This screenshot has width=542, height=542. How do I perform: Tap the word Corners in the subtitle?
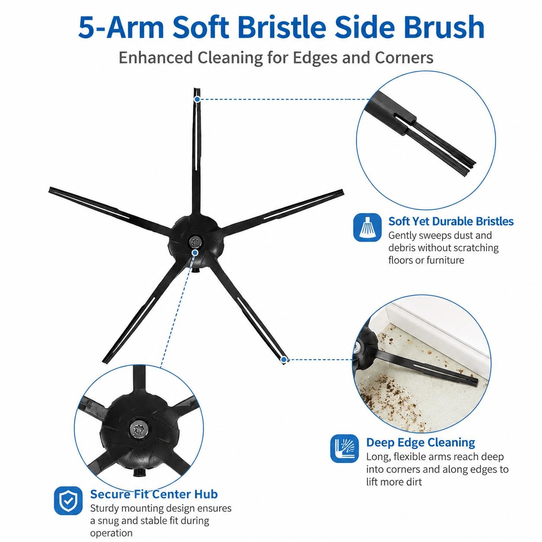404,57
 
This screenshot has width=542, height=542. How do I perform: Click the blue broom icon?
367,227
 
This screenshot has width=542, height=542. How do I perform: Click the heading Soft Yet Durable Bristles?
451,221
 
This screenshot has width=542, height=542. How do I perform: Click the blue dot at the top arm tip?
197,99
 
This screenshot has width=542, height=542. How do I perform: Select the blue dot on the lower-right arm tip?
284,360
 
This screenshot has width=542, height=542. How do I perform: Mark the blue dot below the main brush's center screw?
194,252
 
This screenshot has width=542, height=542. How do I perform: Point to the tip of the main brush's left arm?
50,190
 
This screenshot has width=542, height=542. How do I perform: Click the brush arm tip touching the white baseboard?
475,382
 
